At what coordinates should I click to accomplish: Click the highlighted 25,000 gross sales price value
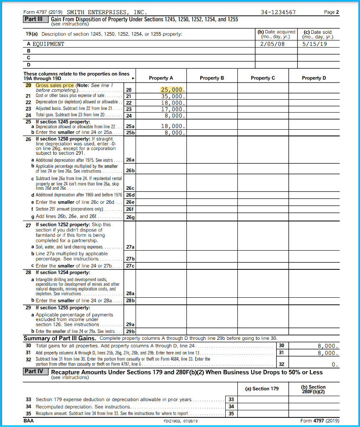[x=172, y=90]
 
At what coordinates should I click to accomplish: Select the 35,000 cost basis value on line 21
[x=172, y=96]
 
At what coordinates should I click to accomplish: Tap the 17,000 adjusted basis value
[x=172, y=109]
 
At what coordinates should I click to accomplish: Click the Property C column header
[x=263, y=78]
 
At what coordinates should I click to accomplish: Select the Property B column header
[x=212, y=78]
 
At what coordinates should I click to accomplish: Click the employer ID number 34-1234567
[x=278, y=12]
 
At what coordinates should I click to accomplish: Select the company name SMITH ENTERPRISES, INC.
[x=107, y=12]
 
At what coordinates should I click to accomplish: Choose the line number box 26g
[x=130, y=217]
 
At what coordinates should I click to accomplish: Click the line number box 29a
[x=130, y=324]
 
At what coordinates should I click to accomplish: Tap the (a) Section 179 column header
[x=262, y=389]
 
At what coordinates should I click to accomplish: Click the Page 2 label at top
[x=332, y=12]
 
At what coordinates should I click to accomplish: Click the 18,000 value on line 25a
[x=172, y=126]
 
